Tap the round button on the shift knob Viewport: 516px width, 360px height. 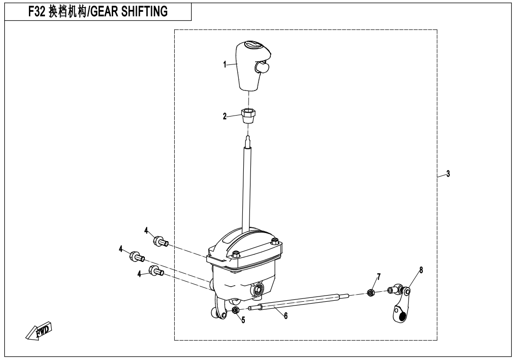[262, 68]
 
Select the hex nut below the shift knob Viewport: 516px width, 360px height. [249, 116]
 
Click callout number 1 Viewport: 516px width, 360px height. [225, 64]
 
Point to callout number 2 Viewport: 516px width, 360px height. [225, 116]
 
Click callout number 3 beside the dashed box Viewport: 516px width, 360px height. [448, 173]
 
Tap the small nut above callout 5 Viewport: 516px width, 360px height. [236, 310]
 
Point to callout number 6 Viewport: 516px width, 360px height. [285, 316]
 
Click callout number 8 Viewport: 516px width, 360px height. [421, 270]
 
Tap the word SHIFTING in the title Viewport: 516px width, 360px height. [144, 11]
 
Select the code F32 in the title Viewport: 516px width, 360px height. [36, 11]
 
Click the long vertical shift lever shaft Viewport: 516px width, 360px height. [247, 184]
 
